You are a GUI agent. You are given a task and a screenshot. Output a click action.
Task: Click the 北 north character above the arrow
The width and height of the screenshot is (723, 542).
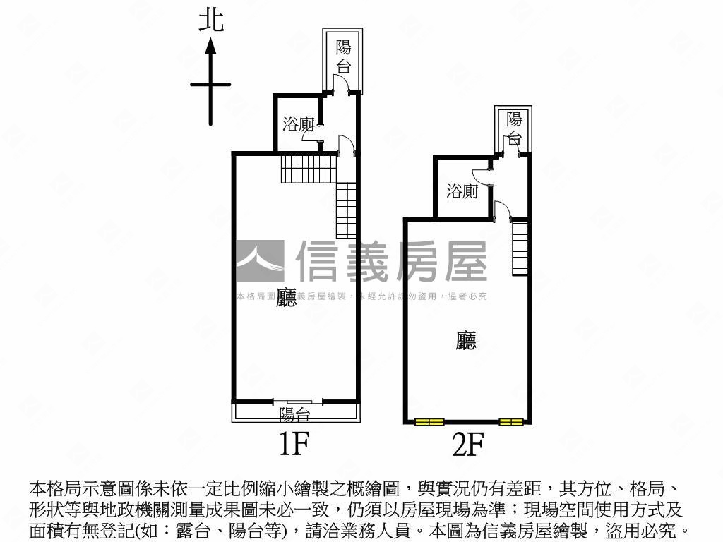[x=211, y=19]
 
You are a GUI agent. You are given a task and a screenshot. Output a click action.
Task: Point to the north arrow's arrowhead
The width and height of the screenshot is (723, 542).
[x=210, y=47]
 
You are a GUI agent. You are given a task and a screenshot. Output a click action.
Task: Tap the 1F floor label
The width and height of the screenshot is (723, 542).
[x=294, y=444]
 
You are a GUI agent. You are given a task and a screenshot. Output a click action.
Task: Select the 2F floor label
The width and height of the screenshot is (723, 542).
[x=467, y=445]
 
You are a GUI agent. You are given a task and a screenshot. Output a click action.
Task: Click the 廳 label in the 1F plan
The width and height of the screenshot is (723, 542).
[x=286, y=296]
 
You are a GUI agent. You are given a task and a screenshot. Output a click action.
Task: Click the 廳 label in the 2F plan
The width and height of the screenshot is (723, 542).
[x=466, y=341]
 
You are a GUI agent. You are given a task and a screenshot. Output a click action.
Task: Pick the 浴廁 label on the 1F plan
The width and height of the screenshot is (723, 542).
[x=298, y=125]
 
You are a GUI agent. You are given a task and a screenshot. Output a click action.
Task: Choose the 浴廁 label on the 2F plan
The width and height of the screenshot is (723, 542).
[x=462, y=191]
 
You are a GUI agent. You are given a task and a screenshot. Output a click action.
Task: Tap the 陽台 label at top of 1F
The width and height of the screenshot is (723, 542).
[x=343, y=56]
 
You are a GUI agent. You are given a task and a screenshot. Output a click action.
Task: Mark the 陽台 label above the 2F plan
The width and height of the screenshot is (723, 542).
[x=514, y=127]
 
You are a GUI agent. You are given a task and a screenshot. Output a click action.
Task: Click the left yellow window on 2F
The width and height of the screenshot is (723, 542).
[x=429, y=422]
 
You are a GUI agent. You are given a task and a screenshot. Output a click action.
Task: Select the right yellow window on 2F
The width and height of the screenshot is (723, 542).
[x=511, y=422]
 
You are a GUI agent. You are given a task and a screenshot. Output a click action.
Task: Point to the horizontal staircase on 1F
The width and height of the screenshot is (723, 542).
[x=309, y=169]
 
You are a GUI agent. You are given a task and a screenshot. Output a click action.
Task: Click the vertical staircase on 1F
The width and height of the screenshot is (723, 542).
[x=346, y=210]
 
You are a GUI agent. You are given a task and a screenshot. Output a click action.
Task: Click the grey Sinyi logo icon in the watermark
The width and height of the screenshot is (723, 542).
[x=259, y=261]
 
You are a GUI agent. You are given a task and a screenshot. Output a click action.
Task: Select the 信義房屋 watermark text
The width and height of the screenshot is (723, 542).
[x=391, y=261]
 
